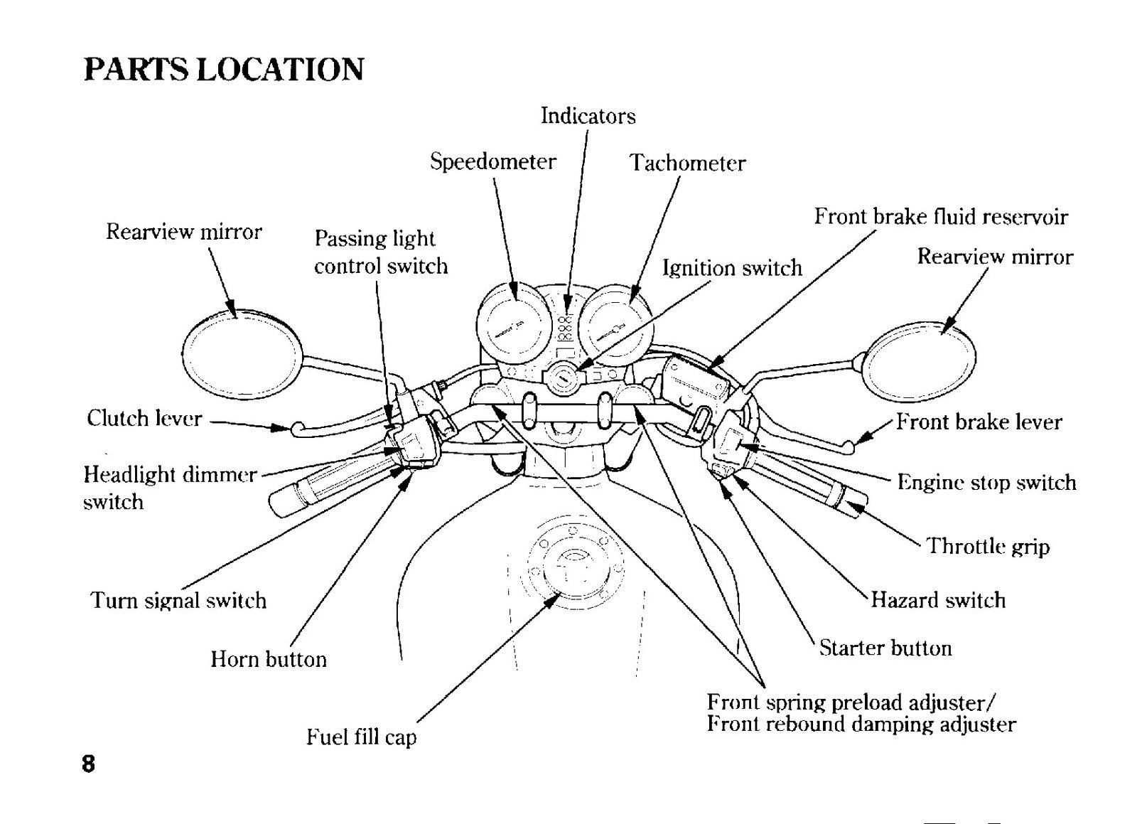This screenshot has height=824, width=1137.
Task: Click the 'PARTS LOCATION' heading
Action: coord(224,70)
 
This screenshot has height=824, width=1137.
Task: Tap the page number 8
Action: coord(88,764)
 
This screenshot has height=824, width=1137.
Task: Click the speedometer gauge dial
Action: coord(514,323)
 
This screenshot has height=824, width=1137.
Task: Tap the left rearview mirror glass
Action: coord(242,355)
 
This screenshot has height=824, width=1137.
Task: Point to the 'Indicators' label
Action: coord(588,116)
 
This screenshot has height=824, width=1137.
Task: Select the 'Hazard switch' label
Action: coord(938,600)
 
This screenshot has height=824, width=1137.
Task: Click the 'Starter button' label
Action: coord(885,648)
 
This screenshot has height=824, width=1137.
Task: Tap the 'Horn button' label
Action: coord(269,659)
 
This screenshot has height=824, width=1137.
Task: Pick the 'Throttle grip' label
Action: coord(988,547)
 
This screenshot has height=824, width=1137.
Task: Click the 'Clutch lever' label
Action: coord(144,418)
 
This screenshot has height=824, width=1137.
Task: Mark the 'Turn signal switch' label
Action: coord(178,600)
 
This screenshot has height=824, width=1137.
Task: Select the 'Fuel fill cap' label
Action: coord(361,737)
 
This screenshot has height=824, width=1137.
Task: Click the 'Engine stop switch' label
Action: coord(987,482)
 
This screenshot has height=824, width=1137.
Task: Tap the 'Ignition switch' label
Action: coord(732,267)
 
